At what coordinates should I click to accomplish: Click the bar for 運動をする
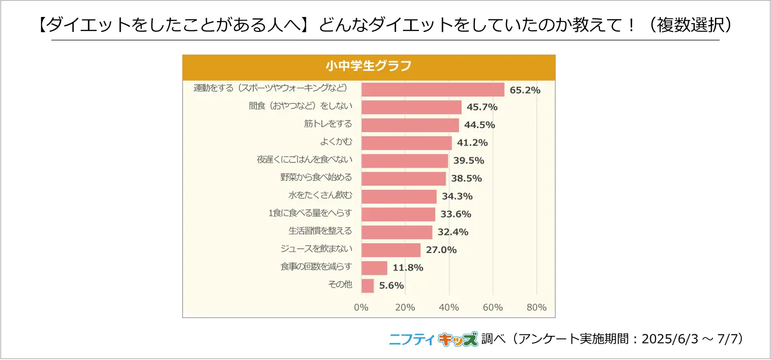coord(433,89)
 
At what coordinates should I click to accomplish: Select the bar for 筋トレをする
coord(410,125)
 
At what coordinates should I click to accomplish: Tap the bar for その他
coord(368,285)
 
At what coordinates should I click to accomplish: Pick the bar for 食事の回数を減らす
coord(374,267)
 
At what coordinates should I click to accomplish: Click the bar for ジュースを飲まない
coord(391,250)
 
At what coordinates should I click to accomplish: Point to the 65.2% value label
coord(525,90)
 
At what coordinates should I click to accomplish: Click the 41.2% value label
coord(472,142)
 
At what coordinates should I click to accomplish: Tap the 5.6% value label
coord(392,285)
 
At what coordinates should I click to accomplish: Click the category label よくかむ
coord(336,141)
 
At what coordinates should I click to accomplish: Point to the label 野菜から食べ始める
coord(316,177)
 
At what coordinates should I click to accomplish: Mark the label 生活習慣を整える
coord(320,231)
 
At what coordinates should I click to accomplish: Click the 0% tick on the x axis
coord(361,308)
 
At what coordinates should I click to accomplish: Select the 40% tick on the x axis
coord(449,308)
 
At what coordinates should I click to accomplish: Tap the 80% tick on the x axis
coord(537,308)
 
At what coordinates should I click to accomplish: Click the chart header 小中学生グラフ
coord(369,66)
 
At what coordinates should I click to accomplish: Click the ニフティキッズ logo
coord(433,339)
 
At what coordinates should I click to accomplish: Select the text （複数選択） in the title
coord(687,25)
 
